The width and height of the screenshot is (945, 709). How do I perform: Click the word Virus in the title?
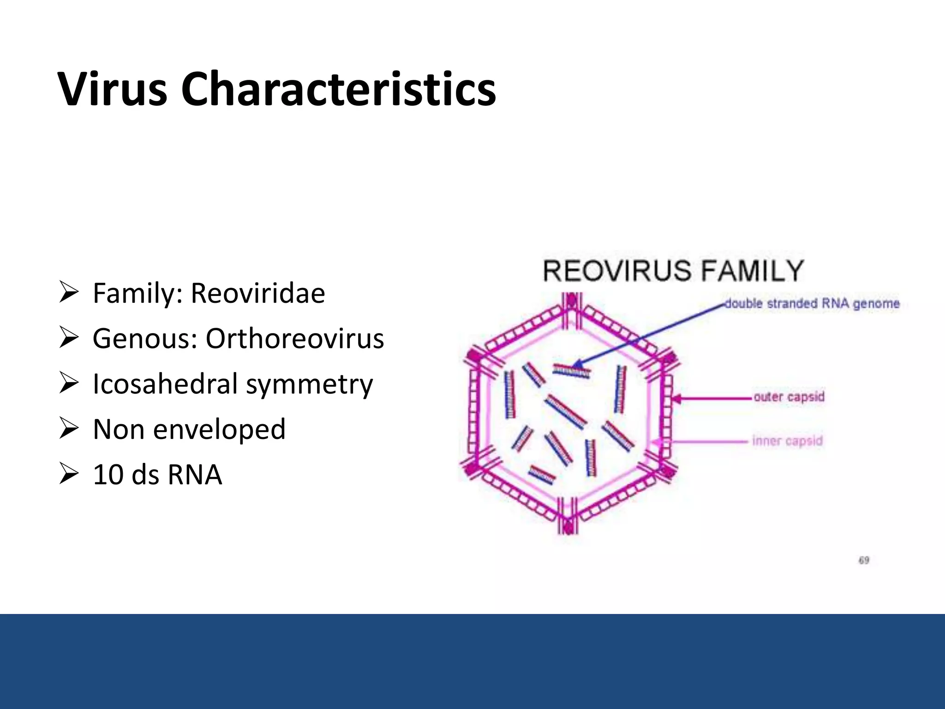[112, 89]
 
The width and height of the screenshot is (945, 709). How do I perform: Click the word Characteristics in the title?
[338, 89]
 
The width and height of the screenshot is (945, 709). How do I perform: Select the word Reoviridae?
[257, 293]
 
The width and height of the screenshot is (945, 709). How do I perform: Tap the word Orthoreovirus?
[294, 338]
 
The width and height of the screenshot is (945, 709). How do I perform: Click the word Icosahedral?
[165, 384]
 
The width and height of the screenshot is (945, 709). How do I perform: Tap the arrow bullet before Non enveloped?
[68, 429]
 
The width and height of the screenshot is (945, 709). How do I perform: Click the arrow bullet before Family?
[68, 293]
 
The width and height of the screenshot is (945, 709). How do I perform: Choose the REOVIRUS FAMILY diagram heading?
[673, 271]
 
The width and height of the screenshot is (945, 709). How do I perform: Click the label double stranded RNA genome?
[812, 304]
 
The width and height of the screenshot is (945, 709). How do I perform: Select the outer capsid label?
[789, 397]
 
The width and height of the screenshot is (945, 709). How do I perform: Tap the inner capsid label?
[787, 441]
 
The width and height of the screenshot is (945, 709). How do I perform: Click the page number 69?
[864, 560]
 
